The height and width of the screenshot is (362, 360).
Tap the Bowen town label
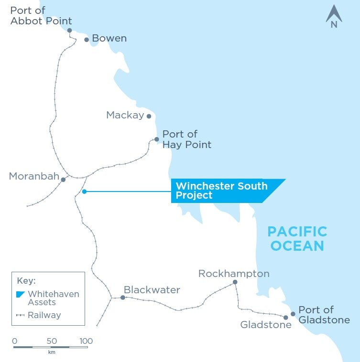[x=109, y=38]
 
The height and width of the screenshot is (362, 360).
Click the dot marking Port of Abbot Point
[x=69, y=30]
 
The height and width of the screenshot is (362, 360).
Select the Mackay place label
[x=125, y=115]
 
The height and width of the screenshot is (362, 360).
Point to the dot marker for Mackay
[x=149, y=116]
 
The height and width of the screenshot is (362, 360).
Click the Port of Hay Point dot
[x=156, y=139]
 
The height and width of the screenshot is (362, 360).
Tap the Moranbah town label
[x=32, y=177]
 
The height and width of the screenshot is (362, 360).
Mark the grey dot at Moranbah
[x=63, y=180]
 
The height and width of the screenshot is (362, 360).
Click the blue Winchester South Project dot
[x=84, y=192]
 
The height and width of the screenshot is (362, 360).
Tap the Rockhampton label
[x=234, y=274]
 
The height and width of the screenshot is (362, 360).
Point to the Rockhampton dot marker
[x=235, y=282]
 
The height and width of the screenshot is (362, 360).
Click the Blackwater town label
[x=152, y=290]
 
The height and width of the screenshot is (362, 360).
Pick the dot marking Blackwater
[x=123, y=298]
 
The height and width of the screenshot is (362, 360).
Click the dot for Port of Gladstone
[x=293, y=314]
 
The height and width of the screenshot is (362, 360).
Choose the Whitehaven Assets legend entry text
[x=53, y=298]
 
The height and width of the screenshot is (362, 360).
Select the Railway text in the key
[x=44, y=315]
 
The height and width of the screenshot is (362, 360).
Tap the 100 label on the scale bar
[x=86, y=341]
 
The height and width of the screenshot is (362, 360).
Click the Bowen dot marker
[x=87, y=40]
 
